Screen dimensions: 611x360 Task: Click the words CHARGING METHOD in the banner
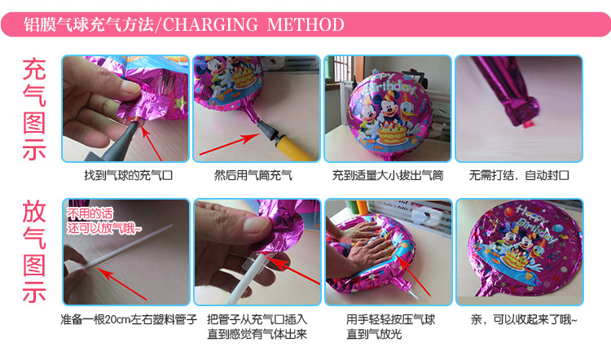pyautogui.click(x=253, y=24)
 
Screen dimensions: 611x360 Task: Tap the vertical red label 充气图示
pyautogui.click(x=34, y=109)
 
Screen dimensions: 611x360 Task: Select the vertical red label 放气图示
pyautogui.click(x=34, y=252)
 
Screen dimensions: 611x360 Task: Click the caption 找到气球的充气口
pyautogui.click(x=128, y=175)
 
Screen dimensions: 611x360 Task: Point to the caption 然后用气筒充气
pyautogui.click(x=253, y=175)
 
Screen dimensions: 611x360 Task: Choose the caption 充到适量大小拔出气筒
pyautogui.click(x=388, y=175)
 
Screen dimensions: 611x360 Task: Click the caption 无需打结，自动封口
pyautogui.click(x=519, y=175)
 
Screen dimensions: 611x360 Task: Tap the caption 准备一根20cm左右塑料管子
pyautogui.click(x=129, y=320)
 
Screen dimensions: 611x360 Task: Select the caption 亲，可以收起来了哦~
pyautogui.click(x=523, y=320)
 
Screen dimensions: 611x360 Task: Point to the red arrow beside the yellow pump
pyautogui.click(x=230, y=144)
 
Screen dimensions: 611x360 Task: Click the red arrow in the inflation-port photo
pyautogui.click(x=152, y=142)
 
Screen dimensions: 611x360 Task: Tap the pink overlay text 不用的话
pyautogui.click(x=90, y=213)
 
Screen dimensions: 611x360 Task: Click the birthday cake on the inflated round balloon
pyautogui.click(x=392, y=133)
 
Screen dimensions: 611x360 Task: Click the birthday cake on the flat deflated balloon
pyautogui.click(x=515, y=259)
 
